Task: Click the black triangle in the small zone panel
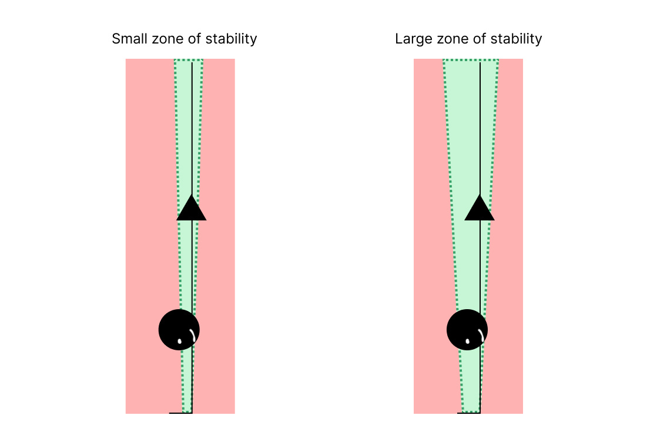pos(192,209)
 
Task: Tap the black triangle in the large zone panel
pos(480,209)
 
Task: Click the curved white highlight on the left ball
pos(192,335)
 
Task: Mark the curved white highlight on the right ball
pos(480,335)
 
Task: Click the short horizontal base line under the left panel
pos(176,413)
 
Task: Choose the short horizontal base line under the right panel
pos(464,413)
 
